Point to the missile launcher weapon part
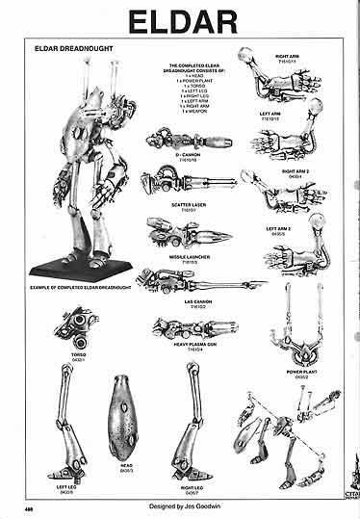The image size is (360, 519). coord(184,229)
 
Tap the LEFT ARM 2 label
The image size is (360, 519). coord(307,228)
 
